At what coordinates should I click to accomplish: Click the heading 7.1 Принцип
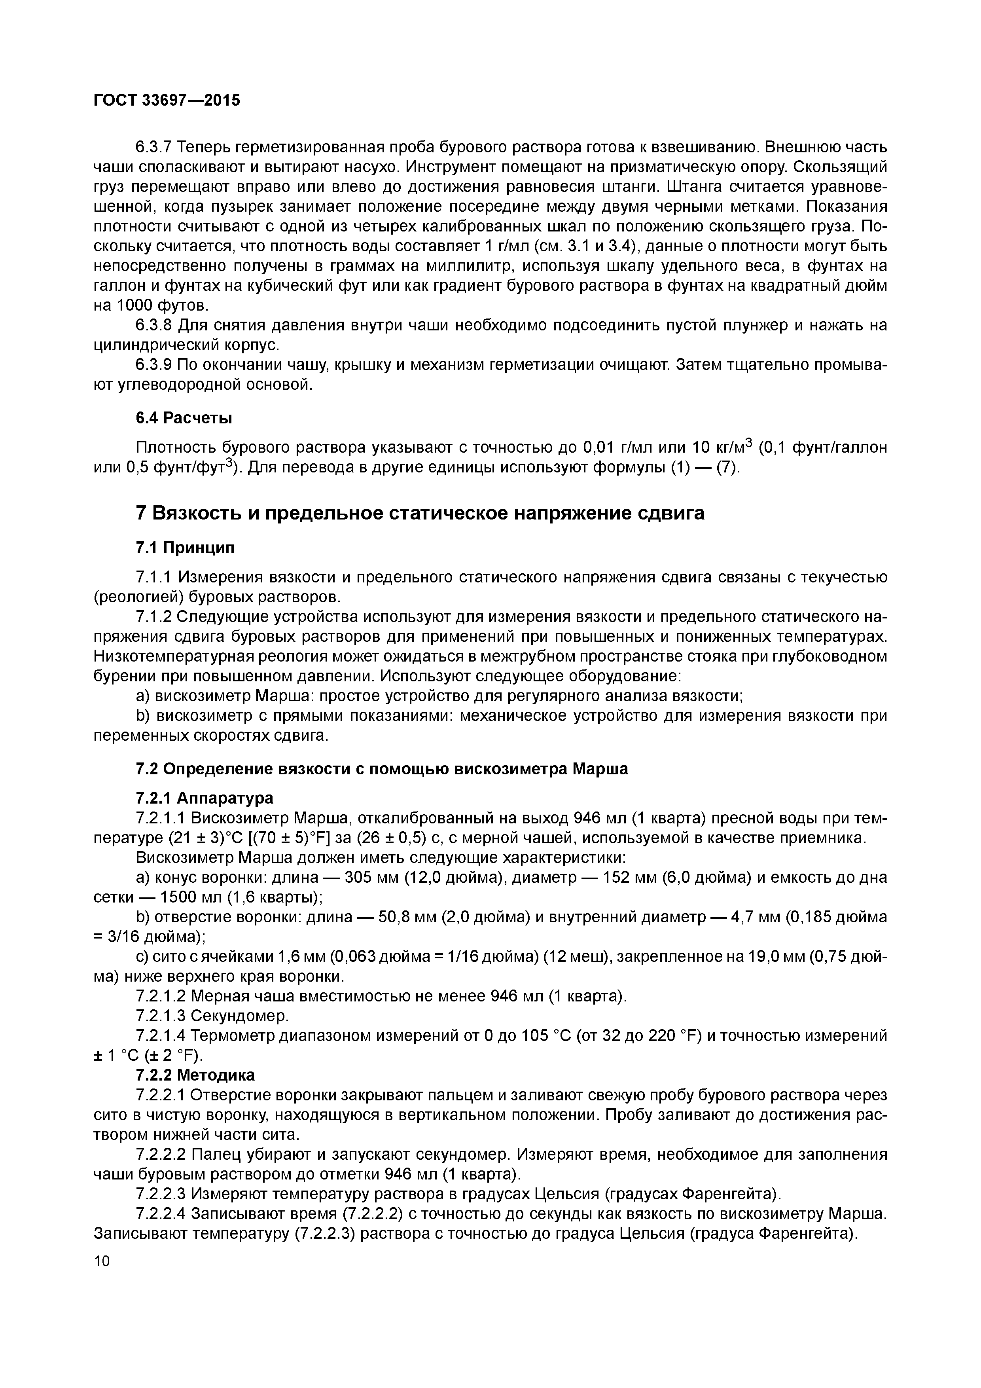[185, 548]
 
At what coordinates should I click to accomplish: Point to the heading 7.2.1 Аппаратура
[204, 798]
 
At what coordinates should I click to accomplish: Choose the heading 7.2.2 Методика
[195, 1075]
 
